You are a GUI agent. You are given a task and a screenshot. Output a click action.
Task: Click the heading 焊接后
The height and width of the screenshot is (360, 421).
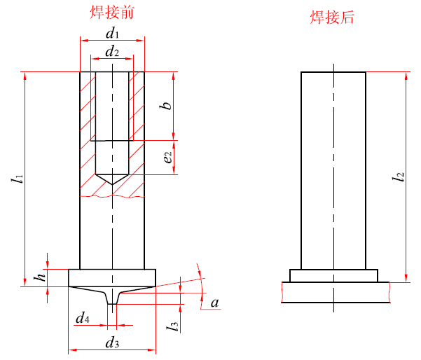(333, 18)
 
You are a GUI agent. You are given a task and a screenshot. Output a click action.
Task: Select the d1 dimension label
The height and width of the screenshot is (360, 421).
(112, 33)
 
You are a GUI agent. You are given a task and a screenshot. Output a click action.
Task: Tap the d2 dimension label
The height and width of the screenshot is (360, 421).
(112, 52)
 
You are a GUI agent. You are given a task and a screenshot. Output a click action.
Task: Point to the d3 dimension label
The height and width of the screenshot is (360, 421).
(112, 342)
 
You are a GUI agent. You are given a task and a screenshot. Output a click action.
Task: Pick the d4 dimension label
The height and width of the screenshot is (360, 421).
(82, 319)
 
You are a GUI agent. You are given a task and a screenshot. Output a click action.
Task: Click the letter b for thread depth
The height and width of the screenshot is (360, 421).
(167, 106)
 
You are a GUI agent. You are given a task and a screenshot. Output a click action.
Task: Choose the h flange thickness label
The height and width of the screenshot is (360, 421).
(41, 277)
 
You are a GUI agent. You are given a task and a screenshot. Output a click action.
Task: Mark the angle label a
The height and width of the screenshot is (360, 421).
(215, 303)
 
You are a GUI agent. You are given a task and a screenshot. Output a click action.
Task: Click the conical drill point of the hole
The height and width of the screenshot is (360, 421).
(112, 179)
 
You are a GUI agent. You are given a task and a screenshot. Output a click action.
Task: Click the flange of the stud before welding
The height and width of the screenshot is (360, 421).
(112, 277)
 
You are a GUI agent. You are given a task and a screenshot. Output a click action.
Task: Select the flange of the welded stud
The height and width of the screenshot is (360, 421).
(333, 276)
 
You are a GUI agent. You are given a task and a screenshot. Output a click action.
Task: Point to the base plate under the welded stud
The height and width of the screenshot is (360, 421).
(335, 292)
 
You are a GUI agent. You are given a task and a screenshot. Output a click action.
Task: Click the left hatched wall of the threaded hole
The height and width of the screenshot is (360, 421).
(88, 112)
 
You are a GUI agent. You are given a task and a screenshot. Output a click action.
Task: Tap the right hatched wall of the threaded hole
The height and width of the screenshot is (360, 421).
(137, 112)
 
